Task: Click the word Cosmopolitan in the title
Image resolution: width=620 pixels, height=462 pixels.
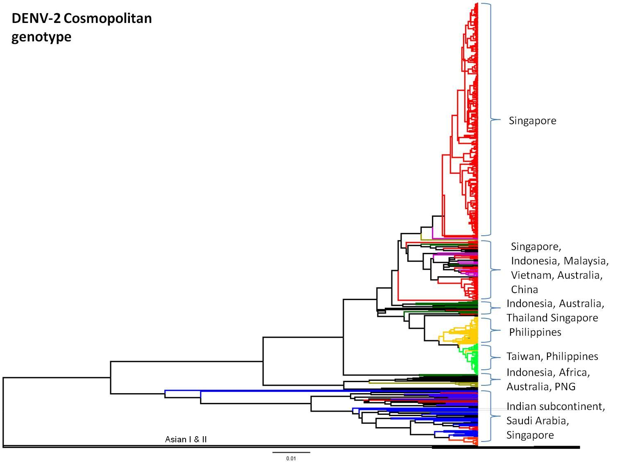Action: click(x=108, y=19)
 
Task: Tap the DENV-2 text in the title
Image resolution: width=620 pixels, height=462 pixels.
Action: click(x=36, y=18)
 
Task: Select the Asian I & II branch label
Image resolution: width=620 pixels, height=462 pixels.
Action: click(x=186, y=439)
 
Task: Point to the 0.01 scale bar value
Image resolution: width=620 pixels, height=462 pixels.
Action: click(x=291, y=458)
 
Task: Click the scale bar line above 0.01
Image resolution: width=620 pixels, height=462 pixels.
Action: click(x=291, y=452)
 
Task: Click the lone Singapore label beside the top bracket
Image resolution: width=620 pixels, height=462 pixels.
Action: click(x=532, y=121)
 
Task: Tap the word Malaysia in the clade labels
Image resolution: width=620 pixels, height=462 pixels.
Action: click(x=586, y=261)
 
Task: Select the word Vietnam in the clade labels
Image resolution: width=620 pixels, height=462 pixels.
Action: click(x=533, y=275)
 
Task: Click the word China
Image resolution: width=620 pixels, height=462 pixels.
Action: click(x=525, y=289)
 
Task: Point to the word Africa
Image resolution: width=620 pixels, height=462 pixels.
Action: click(x=574, y=373)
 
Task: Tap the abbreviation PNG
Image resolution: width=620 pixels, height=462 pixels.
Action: click(x=565, y=387)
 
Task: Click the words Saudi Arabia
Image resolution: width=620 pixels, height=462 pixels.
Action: click(x=538, y=421)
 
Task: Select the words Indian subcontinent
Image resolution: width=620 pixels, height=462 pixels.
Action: click(x=556, y=407)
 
